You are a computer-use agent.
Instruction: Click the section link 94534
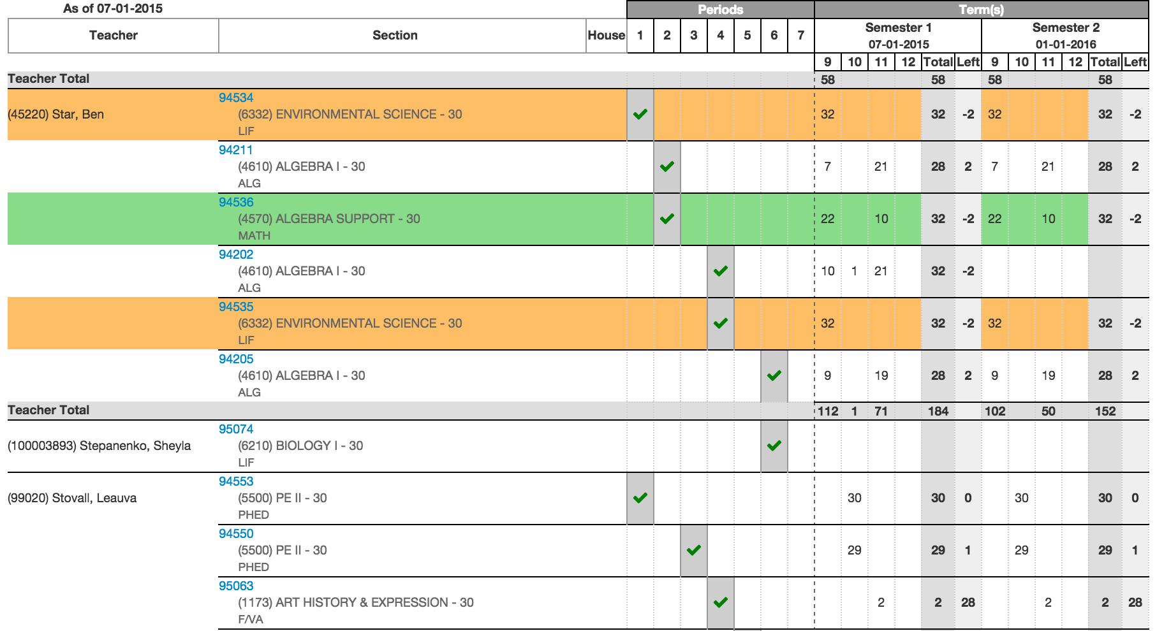pos(235,98)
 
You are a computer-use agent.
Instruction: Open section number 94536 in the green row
pos(235,202)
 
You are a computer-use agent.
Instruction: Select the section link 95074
pos(235,429)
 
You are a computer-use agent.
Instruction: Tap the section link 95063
pos(235,586)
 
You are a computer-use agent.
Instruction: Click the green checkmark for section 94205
pos(774,375)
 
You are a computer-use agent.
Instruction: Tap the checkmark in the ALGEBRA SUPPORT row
pos(667,219)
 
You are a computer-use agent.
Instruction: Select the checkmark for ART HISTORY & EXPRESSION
pos(720,602)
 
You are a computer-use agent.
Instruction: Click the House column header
pos(606,35)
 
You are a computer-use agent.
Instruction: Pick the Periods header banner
pos(720,10)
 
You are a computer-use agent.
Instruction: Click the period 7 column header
pos(800,35)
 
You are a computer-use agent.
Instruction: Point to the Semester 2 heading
pos(1065,27)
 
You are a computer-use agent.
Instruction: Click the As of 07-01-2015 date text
pos(113,8)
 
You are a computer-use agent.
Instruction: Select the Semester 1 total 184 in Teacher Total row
pos(938,411)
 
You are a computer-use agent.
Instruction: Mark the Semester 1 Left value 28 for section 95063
pos(968,602)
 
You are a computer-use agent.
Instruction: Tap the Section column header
pos(395,35)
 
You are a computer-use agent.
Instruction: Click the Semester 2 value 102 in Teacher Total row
pos(994,411)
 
